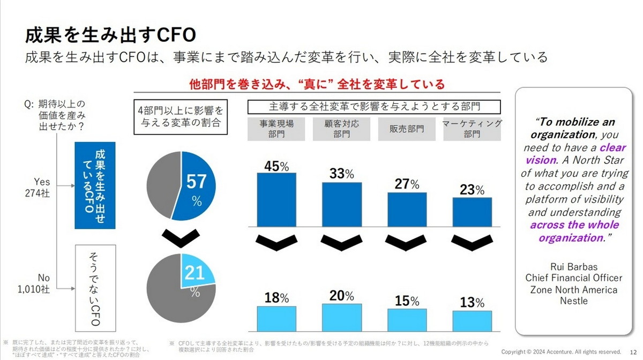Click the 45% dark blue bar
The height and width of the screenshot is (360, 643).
pos(276,199)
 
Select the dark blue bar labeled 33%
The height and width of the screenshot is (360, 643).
pos(341,205)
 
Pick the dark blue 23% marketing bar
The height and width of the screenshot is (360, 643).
pos(472,212)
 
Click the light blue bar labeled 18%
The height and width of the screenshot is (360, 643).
pos(276,318)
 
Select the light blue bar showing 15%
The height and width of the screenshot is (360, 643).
pos(407,320)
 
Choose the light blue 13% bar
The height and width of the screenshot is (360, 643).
pos(472,321)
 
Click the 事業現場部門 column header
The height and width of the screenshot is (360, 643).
pos(276,129)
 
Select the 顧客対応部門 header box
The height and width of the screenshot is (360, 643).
pos(341,129)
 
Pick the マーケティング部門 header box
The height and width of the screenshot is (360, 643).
pos(472,129)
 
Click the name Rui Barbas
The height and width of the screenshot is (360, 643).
pos(573,266)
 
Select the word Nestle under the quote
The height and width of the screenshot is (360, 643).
pos(573,301)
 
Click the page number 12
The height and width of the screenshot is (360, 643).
pos(632,351)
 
